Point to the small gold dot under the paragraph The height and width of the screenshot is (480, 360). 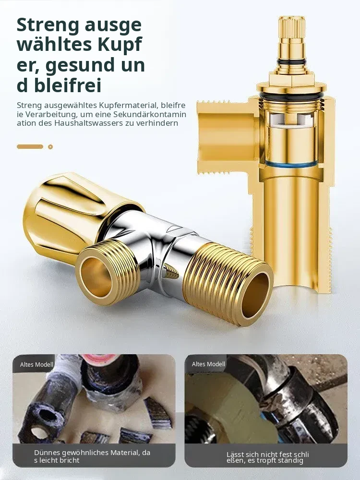(x=50, y=146)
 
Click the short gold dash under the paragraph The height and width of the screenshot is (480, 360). (x=30, y=146)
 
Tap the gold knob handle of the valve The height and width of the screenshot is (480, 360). (x=71, y=211)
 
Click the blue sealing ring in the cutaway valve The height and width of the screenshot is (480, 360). (x=291, y=164)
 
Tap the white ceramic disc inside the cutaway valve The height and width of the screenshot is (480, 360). (x=291, y=120)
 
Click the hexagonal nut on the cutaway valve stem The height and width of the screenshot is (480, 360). (x=291, y=78)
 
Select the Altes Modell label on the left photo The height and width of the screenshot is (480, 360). (x=37, y=365)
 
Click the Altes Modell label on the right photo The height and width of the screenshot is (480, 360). (x=208, y=364)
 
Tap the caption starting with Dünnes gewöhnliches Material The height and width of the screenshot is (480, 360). (x=92, y=456)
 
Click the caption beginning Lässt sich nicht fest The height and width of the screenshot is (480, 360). (x=268, y=457)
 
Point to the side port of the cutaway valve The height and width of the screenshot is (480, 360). (x=226, y=137)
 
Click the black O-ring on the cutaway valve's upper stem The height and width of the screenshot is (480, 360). (x=291, y=62)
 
